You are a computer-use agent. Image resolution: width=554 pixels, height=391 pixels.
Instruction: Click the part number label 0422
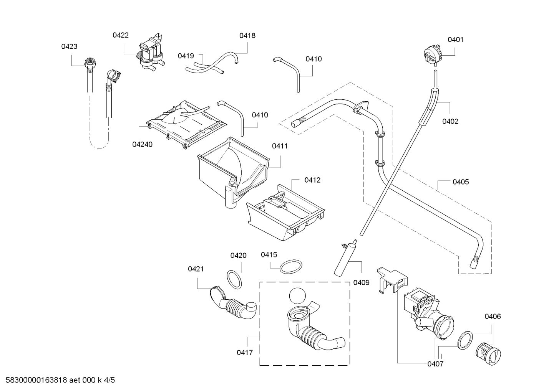[x=121, y=35]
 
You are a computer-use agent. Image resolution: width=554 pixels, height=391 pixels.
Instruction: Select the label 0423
[x=69, y=46]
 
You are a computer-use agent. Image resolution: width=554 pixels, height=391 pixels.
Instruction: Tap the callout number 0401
[x=456, y=40]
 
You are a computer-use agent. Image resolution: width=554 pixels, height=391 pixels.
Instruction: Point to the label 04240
[x=143, y=144]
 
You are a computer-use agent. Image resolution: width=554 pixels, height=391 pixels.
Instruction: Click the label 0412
[x=312, y=180]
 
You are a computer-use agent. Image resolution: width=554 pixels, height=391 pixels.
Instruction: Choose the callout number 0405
[x=461, y=182]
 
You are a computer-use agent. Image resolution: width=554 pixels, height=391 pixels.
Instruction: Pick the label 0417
[x=245, y=353]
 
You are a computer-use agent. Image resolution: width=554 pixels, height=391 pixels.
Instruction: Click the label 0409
[x=362, y=282]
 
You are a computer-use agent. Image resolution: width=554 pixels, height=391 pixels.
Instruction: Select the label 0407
[x=436, y=364]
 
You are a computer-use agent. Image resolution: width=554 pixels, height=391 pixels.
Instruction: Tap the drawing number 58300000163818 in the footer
[x=36, y=380]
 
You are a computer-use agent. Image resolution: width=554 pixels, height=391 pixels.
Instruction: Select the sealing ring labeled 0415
[x=291, y=267]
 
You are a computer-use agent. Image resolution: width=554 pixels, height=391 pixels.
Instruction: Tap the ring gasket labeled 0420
[x=234, y=280]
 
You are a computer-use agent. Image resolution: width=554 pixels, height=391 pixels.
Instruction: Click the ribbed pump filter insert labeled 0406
[x=488, y=353]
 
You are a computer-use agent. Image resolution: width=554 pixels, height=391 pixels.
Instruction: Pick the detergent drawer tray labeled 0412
[x=286, y=213]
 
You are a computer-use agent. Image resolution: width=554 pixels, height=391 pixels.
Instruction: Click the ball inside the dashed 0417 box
[x=297, y=296]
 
